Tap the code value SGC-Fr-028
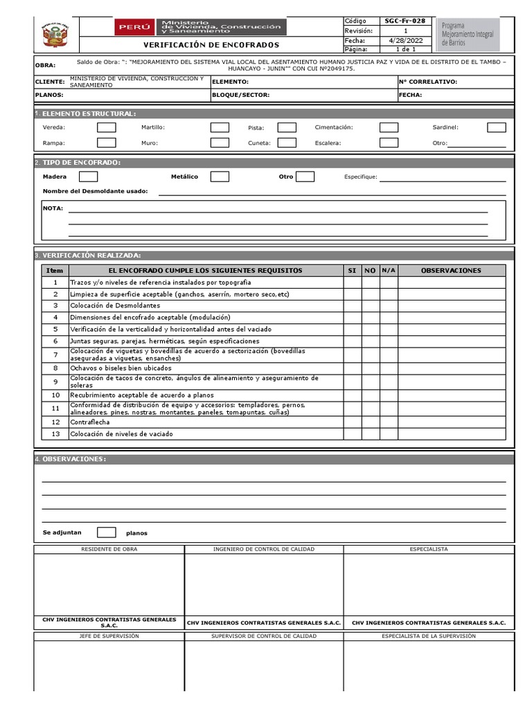[405, 21]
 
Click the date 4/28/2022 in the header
[405, 41]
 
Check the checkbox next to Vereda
[106, 127]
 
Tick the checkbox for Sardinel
[496, 127]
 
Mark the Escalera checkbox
[389, 143]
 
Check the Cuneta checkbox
[287, 143]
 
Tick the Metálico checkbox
[220, 177]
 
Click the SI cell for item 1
[352, 282]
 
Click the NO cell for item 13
[370, 434]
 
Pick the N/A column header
[389, 270]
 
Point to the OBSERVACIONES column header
[451, 270]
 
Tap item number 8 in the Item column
[55, 368]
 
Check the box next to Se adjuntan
[106, 532]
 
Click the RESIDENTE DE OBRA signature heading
[110, 549]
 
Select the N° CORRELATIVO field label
[428, 82]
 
